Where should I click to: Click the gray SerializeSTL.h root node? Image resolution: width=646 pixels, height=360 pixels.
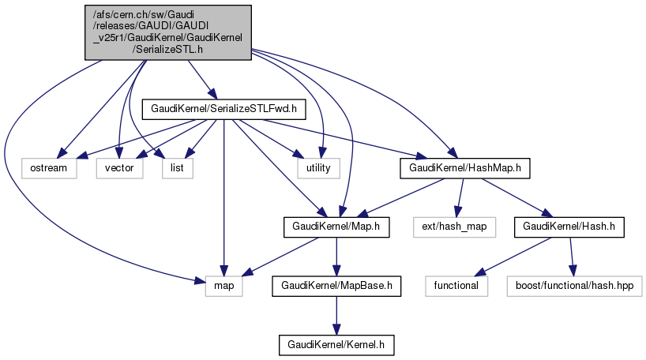click(x=168, y=31)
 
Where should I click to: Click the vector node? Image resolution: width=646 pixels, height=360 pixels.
click(x=120, y=167)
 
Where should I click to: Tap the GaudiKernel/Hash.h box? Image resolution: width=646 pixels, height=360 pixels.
click(x=565, y=227)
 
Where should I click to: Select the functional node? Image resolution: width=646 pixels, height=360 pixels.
click(x=456, y=284)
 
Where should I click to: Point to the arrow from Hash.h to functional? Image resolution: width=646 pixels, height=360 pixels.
click(x=513, y=255)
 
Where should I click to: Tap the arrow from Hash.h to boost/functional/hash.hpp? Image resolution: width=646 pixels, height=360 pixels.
click(x=570, y=255)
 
